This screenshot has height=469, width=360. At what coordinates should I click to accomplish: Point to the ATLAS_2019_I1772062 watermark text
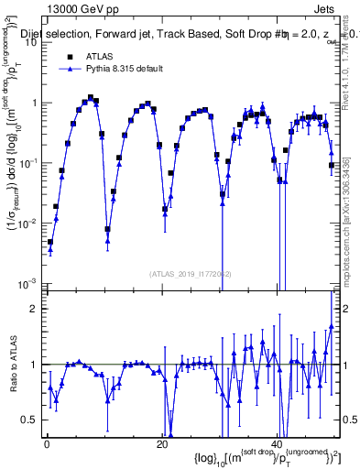[x=191, y=273]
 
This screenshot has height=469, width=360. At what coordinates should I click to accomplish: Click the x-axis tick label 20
[x=161, y=444]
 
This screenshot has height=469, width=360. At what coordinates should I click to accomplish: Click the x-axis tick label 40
[x=277, y=444]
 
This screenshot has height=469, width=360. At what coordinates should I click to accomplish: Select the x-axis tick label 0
[x=47, y=444]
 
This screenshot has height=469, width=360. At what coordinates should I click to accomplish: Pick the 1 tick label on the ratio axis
[x=34, y=365]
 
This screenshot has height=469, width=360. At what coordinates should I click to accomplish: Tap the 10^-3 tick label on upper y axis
[x=27, y=282]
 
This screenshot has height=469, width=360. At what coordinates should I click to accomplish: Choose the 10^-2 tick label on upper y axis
[x=27, y=223]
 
